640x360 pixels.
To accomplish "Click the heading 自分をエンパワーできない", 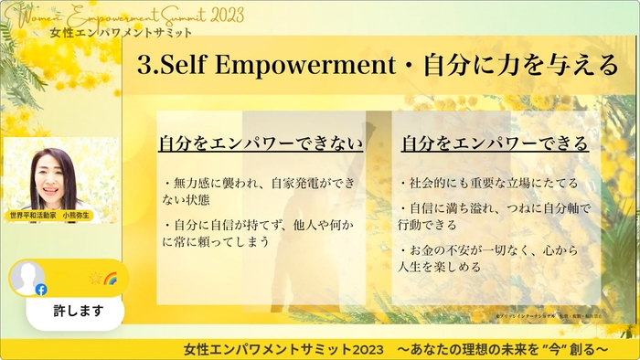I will [x=261, y=143].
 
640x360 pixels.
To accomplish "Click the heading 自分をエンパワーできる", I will [x=494, y=143].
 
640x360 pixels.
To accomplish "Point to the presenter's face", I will [x=58, y=173].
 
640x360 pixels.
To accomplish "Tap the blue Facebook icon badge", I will [x=41, y=289].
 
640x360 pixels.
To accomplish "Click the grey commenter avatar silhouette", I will [x=27, y=277].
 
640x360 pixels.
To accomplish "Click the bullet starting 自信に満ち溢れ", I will [x=494, y=217].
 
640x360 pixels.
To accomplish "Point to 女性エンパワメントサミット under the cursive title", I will [x=123, y=33].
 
